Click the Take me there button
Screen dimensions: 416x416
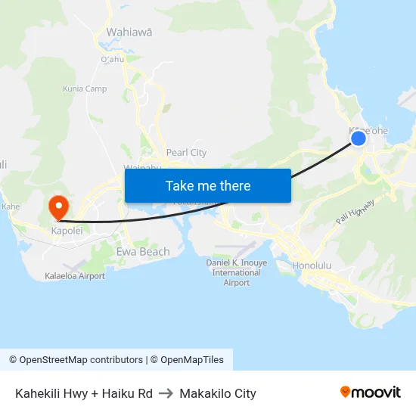coord(207,185)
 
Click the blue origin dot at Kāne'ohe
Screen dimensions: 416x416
coord(359,138)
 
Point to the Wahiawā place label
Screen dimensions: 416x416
coord(129,32)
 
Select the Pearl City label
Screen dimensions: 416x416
coord(186,152)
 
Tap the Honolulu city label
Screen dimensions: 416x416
coord(312,265)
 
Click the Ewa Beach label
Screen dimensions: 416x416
coord(143,251)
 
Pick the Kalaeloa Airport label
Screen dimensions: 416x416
coord(75,276)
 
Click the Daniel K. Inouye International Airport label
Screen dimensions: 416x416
coord(237,272)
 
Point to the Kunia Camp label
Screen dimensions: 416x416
coord(85,89)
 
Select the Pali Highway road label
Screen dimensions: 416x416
coord(355,211)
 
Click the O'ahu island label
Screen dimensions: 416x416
coord(112,59)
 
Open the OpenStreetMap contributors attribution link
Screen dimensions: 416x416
coord(81,360)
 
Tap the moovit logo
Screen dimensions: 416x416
coord(370,392)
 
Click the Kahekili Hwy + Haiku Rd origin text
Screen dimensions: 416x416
coord(84,393)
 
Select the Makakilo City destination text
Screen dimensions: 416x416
coord(218,393)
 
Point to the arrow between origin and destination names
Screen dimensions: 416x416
coord(166,393)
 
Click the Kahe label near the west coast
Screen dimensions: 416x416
coord(11,206)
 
